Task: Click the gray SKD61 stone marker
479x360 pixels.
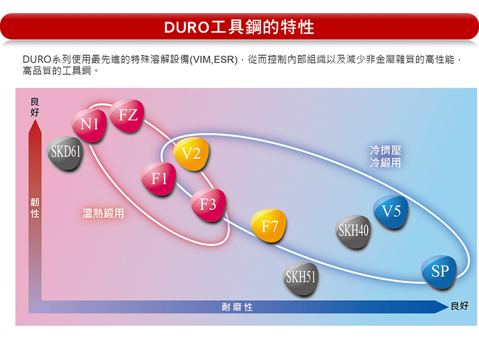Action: point(65,153)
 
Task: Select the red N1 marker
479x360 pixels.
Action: point(89,125)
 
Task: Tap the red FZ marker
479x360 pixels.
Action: point(127,116)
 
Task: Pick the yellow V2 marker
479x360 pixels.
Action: point(192,154)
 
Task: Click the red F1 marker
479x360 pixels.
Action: point(159,179)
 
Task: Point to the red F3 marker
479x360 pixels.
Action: point(208,205)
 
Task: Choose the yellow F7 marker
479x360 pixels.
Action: point(268,226)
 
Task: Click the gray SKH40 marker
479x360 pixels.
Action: point(353,231)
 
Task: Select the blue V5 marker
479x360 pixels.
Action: point(391,212)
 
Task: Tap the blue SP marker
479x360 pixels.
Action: point(439,272)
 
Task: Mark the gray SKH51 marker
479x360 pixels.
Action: point(301,278)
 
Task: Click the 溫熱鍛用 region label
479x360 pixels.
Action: point(103,213)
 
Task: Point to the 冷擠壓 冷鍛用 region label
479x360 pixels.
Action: point(386,156)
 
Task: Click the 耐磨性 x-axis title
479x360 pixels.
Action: point(237,307)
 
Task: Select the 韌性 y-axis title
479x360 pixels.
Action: point(35,208)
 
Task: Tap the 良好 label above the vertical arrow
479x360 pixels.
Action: point(35,107)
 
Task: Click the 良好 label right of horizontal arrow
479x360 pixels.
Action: point(459,306)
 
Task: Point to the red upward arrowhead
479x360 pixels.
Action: point(35,126)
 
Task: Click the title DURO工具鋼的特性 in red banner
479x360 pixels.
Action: point(239,27)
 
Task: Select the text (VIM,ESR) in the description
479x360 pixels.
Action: point(214,59)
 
